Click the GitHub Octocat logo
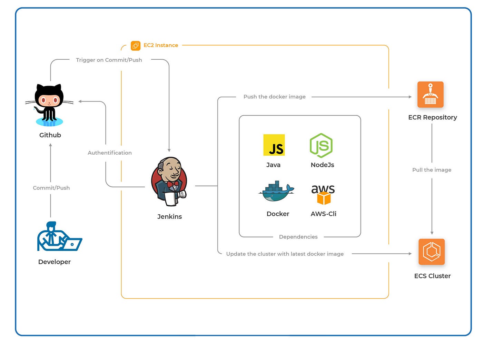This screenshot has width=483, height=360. (49, 105)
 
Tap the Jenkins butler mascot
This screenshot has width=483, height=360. (169, 182)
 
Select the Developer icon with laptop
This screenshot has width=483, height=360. (59, 236)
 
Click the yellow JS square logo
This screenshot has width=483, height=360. (274, 145)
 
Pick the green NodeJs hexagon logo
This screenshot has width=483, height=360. (321, 145)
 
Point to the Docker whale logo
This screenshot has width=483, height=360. (276, 191)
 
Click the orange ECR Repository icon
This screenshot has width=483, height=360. (430, 95)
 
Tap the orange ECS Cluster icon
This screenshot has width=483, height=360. (431, 252)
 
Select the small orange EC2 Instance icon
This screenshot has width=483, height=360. (136, 46)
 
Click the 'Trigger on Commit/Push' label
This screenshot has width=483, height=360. (109, 60)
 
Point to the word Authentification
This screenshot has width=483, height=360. (109, 153)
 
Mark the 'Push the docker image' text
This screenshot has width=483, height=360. (274, 97)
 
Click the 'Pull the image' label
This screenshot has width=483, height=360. (432, 170)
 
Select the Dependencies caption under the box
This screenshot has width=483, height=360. (298, 237)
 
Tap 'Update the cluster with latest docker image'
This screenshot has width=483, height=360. (285, 254)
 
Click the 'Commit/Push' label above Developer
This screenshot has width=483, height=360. (51, 188)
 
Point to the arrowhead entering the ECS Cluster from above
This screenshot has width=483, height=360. (432, 233)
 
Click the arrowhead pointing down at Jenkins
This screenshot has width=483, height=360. (169, 150)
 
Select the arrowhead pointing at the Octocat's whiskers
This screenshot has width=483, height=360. (80, 101)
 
